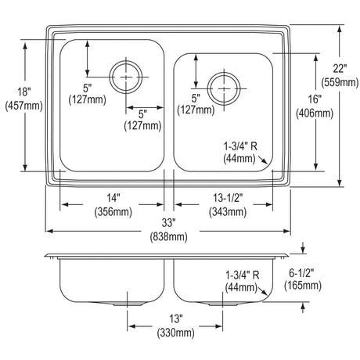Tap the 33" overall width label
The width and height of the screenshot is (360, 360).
coord(168,223)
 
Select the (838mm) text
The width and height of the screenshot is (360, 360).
coord(168,237)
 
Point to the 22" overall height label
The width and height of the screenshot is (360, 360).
coord(340,69)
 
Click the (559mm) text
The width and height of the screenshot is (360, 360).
coord(340,82)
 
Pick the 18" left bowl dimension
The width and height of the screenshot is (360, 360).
coord(24,92)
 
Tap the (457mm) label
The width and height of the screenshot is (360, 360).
coord(24,106)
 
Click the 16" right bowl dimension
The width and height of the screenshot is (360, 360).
coord(315,99)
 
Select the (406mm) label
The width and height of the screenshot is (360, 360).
coord(315,113)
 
